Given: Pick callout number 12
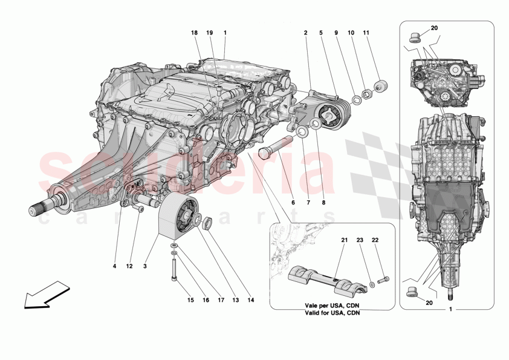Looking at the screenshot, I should click(129, 266).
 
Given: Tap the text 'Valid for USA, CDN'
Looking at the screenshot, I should click(333, 314).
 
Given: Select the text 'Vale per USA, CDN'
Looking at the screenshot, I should click(333, 306).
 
